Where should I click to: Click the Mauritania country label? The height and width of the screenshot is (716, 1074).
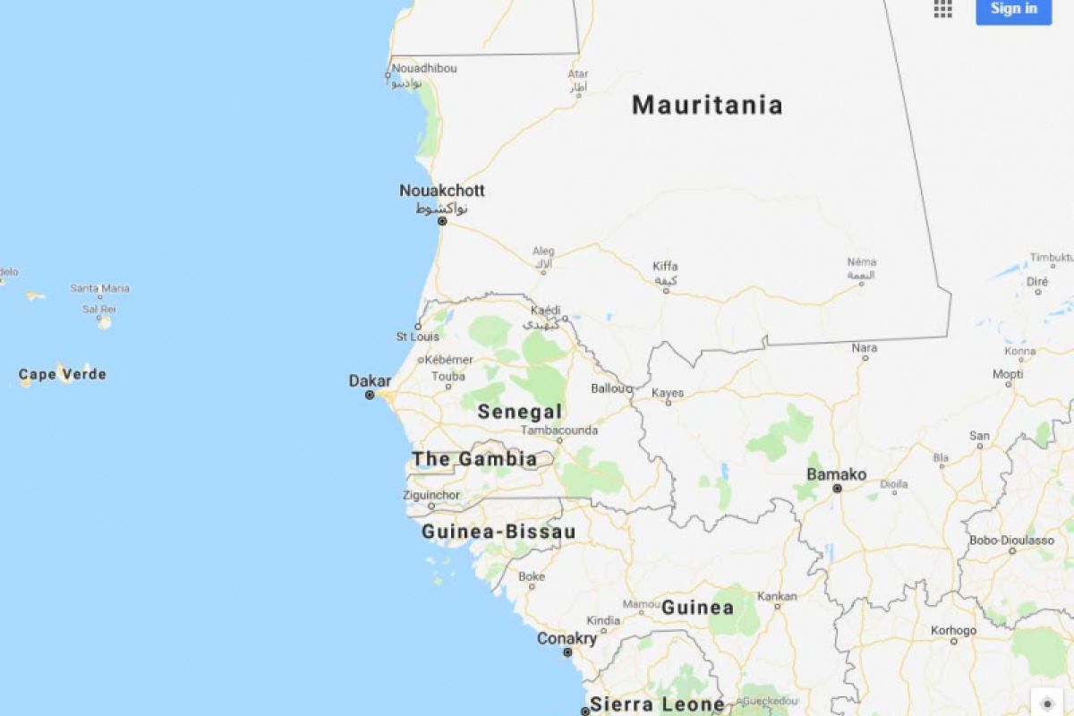(x=707, y=106)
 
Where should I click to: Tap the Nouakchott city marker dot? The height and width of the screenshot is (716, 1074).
(x=442, y=220)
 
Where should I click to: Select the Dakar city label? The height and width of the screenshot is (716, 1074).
(x=370, y=381)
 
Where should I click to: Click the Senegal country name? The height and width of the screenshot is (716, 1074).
(x=520, y=412)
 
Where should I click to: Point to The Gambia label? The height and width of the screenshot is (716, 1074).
(x=474, y=460)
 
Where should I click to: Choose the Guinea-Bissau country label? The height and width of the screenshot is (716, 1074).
(x=499, y=532)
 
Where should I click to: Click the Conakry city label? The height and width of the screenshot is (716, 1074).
(x=567, y=639)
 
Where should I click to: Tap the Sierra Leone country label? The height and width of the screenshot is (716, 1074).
(x=657, y=704)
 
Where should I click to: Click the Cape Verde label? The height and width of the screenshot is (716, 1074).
(x=63, y=374)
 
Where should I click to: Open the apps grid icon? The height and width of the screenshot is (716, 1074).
(x=942, y=9)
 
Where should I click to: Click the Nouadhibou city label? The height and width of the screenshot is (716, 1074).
(x=424, y=68)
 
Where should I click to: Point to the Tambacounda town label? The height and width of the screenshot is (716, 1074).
(x=559, y=430)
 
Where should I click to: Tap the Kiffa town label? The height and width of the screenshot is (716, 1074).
(x=665, y=266)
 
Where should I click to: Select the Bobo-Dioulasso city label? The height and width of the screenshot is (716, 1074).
(x=1012, y=541)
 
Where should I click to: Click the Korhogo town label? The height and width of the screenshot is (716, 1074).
(x=953, y=630)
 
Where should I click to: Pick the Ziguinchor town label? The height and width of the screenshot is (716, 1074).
(x=432, y=495)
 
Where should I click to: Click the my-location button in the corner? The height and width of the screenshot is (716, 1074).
(x=1047, y=703)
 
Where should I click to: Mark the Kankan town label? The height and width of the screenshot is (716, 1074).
(x=777, y=596)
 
